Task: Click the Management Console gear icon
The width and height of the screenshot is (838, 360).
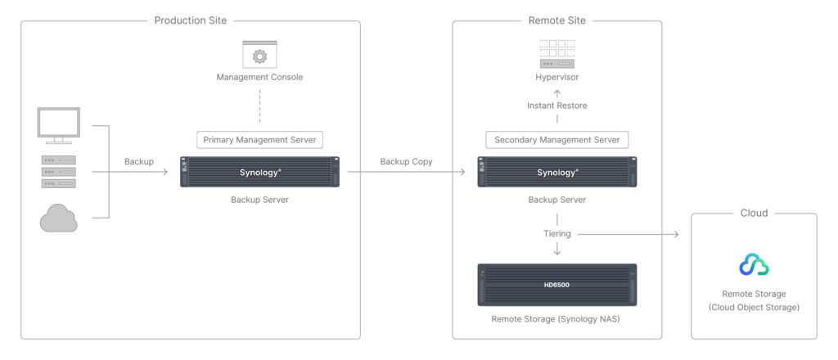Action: tap(259, 55)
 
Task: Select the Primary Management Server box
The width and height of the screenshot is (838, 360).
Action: tap(259, 140)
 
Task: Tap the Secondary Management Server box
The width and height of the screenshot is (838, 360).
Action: tap(556, 140)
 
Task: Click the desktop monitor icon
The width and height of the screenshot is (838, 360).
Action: tap(59, 126)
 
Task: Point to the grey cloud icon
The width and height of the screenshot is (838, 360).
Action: tap(59, 218)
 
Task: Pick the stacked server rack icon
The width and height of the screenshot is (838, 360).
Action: tap(59, 172)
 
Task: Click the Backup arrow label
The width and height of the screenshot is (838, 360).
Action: tap(139, 161)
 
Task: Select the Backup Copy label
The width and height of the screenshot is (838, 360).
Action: tap(406, 161)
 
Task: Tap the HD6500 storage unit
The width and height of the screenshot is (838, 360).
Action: tap(556, 285)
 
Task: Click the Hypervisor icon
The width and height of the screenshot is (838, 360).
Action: tap(556, 54)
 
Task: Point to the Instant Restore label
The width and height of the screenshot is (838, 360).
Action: tap(556, 106)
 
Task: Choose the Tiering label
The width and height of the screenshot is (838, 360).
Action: tap(556, 233)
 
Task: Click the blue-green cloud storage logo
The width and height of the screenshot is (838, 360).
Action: tap(754, 265)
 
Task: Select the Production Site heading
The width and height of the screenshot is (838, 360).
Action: tap(190, 20)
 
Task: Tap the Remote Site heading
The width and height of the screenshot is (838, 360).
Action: tap(556, 20)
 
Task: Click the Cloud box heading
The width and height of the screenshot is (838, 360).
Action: tap(754, 213)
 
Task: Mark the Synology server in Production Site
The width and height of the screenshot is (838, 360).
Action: tap(259, 172)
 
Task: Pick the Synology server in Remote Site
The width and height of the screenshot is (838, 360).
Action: tap(556, 172)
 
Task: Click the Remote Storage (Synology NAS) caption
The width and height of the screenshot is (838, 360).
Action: tap(556, 319)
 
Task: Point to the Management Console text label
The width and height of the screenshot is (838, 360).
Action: tap(259, 78)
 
